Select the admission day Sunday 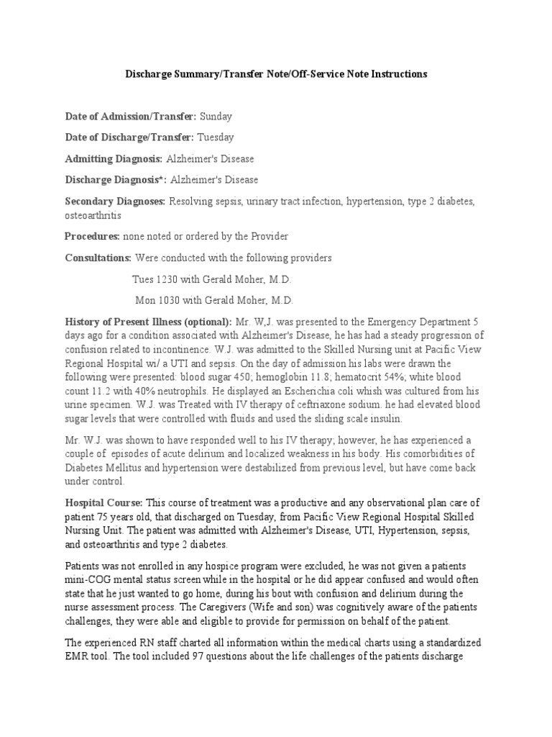pos(216,116)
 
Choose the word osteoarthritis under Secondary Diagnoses pos(93,215)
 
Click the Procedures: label pos(92,236)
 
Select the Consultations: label pos(98,258)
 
